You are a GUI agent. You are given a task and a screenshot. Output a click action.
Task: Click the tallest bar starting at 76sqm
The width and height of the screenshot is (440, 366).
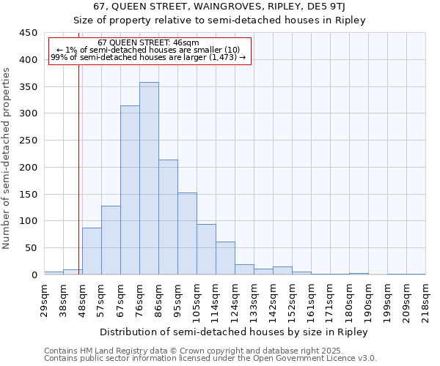click(149, 179)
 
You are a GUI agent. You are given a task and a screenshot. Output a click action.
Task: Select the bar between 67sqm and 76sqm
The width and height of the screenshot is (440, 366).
click(130, 190)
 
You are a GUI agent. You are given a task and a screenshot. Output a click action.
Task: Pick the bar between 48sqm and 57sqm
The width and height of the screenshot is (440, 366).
click(92, 251)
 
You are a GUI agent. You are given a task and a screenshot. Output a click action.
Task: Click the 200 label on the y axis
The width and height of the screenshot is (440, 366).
click(29, 168)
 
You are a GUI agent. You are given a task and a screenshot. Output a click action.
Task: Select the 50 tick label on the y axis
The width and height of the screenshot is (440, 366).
click(32, 248)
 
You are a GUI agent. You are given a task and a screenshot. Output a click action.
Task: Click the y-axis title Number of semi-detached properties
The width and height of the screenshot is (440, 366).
click(7, 158)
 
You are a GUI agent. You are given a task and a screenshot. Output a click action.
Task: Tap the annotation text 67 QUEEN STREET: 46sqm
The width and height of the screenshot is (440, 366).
click(148, 42)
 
